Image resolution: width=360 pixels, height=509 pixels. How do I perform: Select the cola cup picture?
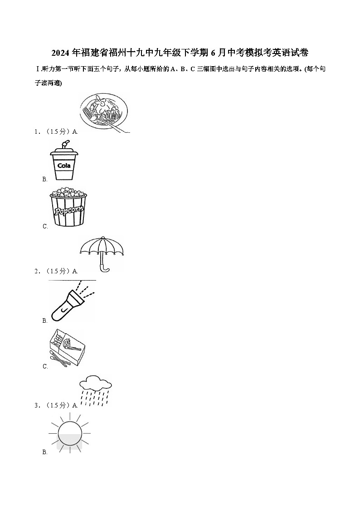tap(64, 160)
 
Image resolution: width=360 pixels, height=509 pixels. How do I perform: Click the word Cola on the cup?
tap(64, 165)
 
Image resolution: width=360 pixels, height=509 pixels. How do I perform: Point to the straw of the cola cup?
tap(65, 144)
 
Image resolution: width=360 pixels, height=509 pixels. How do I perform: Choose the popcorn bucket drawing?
tap(68, 207)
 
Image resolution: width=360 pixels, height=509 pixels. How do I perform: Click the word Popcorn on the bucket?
tap(68, 210)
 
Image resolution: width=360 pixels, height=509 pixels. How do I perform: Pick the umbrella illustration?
tap(102, 254)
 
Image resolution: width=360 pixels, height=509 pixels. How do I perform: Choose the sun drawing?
tap(70, 432)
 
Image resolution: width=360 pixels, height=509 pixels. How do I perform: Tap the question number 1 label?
tap(37, 131)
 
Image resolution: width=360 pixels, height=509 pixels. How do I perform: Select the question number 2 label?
tap(37, 271)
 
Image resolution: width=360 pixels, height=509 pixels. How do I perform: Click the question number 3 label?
tap(37, 405)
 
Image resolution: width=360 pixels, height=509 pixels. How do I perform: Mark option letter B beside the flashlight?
tap(45, 321)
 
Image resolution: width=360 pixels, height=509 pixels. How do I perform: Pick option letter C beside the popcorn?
tap(45, 226)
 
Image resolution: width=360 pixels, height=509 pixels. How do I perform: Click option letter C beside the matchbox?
tap(45, 366)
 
